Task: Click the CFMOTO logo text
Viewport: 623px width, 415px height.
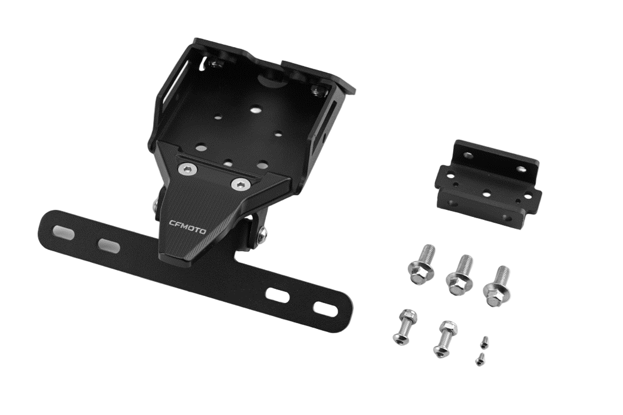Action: tap(187, 227)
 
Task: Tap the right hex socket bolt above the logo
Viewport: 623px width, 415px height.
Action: tap(239, 185)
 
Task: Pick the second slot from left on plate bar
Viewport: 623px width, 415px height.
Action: tap(109, 245)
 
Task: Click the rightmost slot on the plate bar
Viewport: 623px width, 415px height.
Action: tap(324, 308)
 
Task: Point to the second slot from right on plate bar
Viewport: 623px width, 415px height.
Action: tap(278, 295)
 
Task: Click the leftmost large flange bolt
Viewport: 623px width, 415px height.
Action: tap(421, 265)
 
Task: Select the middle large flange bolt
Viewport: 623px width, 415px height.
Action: tap(459, 276)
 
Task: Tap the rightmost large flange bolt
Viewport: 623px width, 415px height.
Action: tap(497, 286)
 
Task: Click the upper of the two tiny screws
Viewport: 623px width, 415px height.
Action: tap(484, 341)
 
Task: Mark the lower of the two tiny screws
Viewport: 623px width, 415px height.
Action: tap(480, 359)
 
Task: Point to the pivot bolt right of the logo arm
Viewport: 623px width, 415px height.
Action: tap(262, 235)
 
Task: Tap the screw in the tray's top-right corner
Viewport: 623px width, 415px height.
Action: tap(318, 90)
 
